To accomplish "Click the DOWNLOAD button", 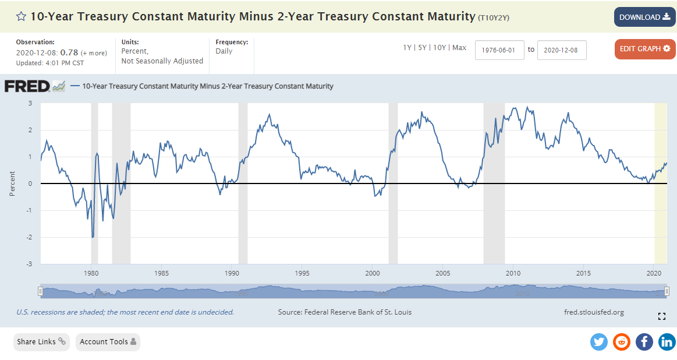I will (x=644, y=17).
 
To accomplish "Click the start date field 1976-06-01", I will (x=499, y=50).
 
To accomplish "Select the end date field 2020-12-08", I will (x=561, y=50).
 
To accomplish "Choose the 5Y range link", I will (x=423, y=48).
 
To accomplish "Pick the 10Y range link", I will (x=440, y=48).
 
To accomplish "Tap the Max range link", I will (x=459, y=48).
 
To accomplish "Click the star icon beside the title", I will (x=21, y=16).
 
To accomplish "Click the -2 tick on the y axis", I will (x=29, y=237).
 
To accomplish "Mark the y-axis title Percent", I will (x=12, y=183).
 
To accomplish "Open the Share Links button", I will (x=41, y=342).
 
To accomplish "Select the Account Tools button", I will (x=108, y=342).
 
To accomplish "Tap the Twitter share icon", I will (x=599, y=342).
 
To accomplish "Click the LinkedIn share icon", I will (x=667, y=342).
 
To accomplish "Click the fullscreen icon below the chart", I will (x=661, y=316).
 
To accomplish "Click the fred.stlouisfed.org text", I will (x=594, y=312).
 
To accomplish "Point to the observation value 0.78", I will (x=69, y=52).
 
